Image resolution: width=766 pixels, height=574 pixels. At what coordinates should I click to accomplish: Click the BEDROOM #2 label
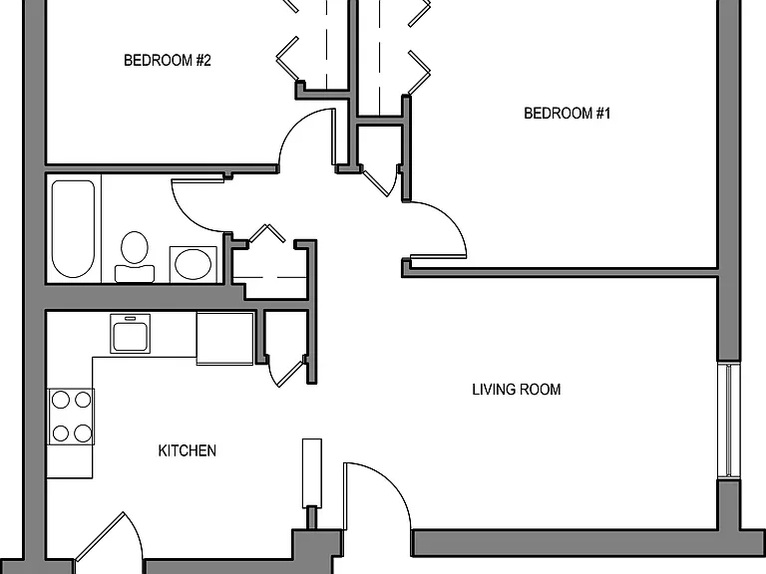(x=168, y=60)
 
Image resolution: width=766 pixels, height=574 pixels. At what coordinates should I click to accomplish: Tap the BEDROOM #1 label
(x=568, y=114)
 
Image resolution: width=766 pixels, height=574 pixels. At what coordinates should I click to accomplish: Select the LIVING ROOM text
(x=517, y=390)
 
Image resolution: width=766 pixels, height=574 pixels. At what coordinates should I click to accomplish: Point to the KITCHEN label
(x=188, y=450)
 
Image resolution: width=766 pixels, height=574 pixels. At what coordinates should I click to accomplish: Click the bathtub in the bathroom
(x=73, y=228)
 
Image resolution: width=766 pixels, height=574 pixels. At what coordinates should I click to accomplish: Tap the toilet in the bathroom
(x=135, y=256)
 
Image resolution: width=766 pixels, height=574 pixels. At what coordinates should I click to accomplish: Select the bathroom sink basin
(x=192, y=264)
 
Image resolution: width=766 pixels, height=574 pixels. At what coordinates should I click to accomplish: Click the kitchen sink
(x=130, y=334)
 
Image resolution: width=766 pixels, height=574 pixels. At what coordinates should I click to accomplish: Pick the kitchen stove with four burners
(x=71, y=417)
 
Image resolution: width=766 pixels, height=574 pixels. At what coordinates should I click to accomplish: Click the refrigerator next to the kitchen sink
(x=224, y=338)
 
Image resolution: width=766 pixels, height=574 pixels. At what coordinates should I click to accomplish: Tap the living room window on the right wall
(x=729, y=421)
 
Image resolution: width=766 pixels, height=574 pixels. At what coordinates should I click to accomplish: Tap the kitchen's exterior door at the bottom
(x=109, y=542)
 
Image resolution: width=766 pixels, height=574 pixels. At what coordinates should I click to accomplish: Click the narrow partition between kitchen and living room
(x=311, y=473)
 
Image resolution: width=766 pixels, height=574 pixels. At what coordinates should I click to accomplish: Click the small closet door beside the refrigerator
(x=287, y=372)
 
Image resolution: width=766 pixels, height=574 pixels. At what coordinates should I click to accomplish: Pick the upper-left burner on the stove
(x=61, y=401)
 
